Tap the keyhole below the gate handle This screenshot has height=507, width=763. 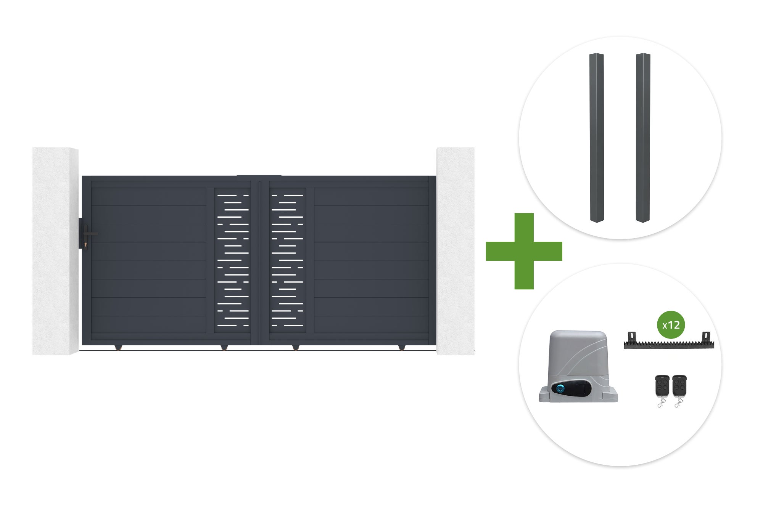86,244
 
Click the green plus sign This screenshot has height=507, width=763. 524,251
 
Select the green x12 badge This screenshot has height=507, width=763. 671,325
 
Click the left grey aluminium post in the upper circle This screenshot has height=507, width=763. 597,138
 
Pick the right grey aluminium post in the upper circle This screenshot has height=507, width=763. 643,138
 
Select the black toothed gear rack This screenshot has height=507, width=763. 669,341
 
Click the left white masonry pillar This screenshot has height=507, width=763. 55,251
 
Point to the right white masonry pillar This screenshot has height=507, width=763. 456,251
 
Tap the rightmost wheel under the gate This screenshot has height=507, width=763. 401,348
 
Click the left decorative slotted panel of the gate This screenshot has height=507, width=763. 233,260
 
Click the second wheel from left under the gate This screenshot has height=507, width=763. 224,348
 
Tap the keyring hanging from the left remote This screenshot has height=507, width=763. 660,403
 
